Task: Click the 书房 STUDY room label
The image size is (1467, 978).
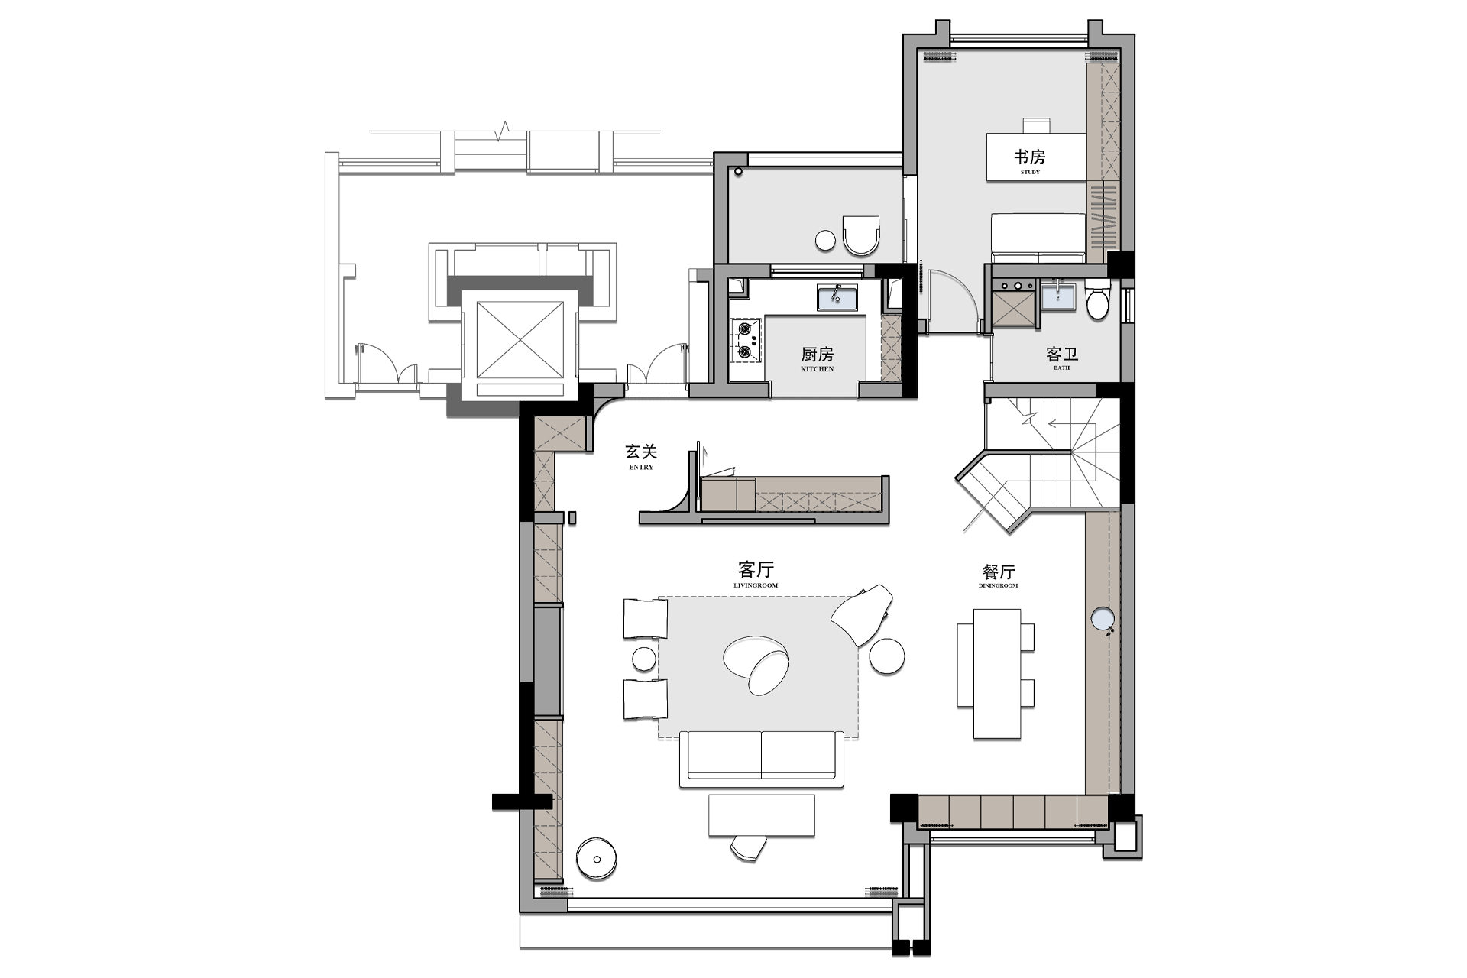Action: pyautogui.click(x=1029, y=160)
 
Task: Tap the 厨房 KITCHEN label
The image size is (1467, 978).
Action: pyautogui.click(x=817, y=358)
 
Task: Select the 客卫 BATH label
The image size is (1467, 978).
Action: pyautogui.click(x=1061, y=358)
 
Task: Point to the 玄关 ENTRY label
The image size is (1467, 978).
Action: pyautogui.click(x=641, y=456)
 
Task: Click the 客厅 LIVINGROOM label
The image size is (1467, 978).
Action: pyautogui.click(x=756, y=575)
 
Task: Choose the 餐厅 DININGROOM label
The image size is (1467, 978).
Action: pyautogui.click(x=998, y=575)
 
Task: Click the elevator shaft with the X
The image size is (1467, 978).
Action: pyautogui.click(x=520, y=340)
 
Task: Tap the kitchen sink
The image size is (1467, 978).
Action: pyautogui.click(x=837, y=298)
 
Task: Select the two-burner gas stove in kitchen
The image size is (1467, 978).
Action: pyautogui.click(x=746, y=341)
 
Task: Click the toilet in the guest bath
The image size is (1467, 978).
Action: pyautogui.click(x=1098, y=300)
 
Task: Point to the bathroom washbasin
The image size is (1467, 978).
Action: pyautogui.click(x=1058, y=296)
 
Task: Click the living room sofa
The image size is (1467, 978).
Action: pyautogui.click(x=762, y=759)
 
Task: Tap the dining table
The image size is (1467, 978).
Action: pyautogui.click(x=997, y=673)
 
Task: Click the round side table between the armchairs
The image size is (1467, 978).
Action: pyautogui.click(x=643, y=659)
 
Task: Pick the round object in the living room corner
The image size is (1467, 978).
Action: pyautogui.click(x=597, y=859)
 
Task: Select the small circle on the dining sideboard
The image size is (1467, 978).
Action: pyautogui.click(x=1103, y=618)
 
